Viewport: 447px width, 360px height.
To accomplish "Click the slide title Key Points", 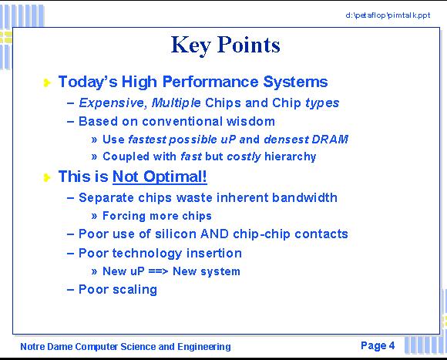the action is tap(226, 45).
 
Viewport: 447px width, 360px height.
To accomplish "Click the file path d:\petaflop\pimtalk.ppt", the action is tap(388, 15).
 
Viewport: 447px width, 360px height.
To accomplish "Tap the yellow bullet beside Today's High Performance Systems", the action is tap(47, 82).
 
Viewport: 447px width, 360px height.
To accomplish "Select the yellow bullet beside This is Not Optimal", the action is tap(47, 177).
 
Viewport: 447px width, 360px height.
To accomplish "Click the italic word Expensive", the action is tap(111, 103).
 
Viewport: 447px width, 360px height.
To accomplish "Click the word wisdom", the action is tap(250, 122).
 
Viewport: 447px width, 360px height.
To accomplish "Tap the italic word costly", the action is tap(244, 156).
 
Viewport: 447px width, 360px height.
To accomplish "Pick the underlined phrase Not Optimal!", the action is tap(160, 177).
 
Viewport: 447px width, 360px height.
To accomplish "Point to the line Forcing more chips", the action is tap(157, 216).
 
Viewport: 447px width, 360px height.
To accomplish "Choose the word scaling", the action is tap(135, 290).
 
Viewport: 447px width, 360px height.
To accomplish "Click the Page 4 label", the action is tap(378, 346).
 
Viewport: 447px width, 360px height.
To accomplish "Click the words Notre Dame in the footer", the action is tap(46, 347).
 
